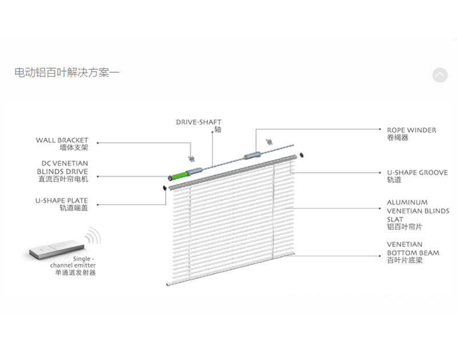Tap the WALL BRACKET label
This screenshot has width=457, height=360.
(62, 139)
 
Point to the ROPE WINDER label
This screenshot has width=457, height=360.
(411, 130)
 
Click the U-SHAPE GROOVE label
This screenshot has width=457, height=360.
(417, 172)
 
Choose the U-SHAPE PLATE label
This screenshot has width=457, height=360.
(62, 201)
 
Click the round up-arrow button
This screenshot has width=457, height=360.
(440, 75)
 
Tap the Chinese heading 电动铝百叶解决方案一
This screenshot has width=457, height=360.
(67, 73)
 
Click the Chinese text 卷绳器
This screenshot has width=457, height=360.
(398, 138)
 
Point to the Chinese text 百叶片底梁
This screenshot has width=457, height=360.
(405, 261)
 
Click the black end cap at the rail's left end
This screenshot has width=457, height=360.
(165, 187)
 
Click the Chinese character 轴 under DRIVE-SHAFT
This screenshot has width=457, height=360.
(218, 130)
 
